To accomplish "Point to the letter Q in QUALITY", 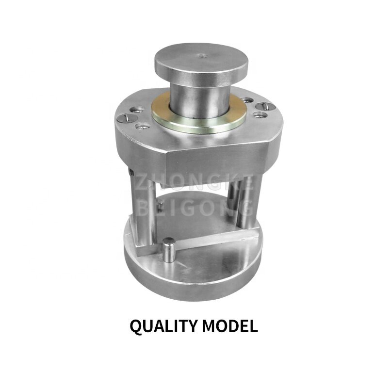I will tap(136, 326).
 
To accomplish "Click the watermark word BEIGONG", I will tap(194, 208).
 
